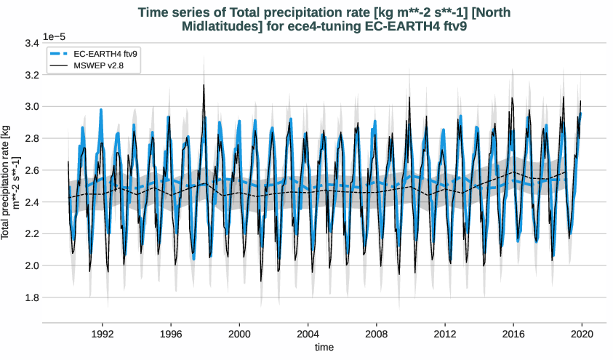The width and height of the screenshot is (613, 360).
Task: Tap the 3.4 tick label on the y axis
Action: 31,43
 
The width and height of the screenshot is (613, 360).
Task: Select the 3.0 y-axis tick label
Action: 31,107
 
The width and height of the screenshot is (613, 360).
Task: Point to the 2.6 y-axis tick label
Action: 31,170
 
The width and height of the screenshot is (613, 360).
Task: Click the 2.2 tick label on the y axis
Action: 31,234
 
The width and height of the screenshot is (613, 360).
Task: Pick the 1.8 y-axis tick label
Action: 31,297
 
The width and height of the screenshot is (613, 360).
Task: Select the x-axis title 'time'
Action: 324,348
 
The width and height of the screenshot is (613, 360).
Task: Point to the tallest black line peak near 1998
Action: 204,85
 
